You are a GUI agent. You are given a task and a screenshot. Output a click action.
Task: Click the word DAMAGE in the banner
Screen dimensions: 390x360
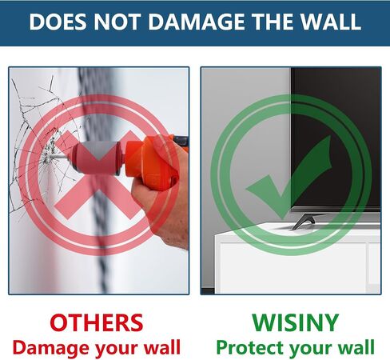(197, 22)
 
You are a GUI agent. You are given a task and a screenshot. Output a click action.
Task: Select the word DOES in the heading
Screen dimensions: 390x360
(58, 22)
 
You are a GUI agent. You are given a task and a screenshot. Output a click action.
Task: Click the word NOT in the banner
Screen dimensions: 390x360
(117, 22)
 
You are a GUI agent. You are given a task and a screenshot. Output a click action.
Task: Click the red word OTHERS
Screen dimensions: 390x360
(97, 322)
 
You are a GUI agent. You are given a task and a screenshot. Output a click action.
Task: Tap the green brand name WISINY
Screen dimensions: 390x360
(295, 322)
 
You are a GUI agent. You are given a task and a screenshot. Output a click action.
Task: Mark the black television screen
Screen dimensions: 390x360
(336, 138)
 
